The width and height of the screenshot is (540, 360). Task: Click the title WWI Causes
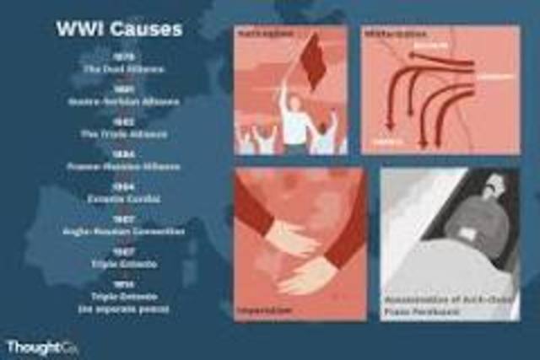[118, 30]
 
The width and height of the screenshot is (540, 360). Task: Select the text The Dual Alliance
[118, 67]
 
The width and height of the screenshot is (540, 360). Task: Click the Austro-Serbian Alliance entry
[118, 100]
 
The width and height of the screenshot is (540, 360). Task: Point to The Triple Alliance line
[118, 133]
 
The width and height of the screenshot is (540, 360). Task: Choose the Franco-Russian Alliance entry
[118, 166]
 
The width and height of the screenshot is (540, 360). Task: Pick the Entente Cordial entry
[118, 199]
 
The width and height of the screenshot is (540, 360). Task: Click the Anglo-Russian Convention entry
[118, 231]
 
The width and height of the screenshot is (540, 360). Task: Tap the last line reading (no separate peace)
[118, 309]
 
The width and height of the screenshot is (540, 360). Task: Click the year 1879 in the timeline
[118, 56]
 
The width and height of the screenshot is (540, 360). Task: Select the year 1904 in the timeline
[118, 187]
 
